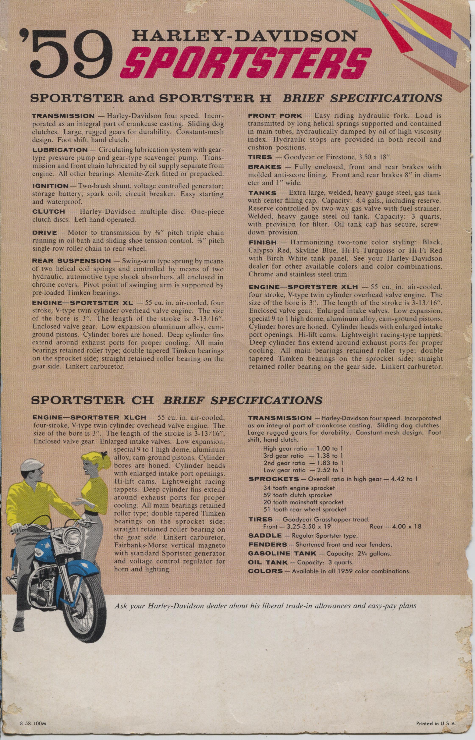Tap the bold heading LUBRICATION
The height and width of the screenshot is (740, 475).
60,150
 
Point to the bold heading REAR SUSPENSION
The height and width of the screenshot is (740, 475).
71,261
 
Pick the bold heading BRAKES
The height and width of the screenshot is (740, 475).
265,167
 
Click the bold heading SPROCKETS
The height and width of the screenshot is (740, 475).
273,479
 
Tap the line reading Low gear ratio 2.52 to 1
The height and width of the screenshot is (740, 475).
303,470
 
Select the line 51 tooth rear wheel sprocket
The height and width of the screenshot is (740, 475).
305,509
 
